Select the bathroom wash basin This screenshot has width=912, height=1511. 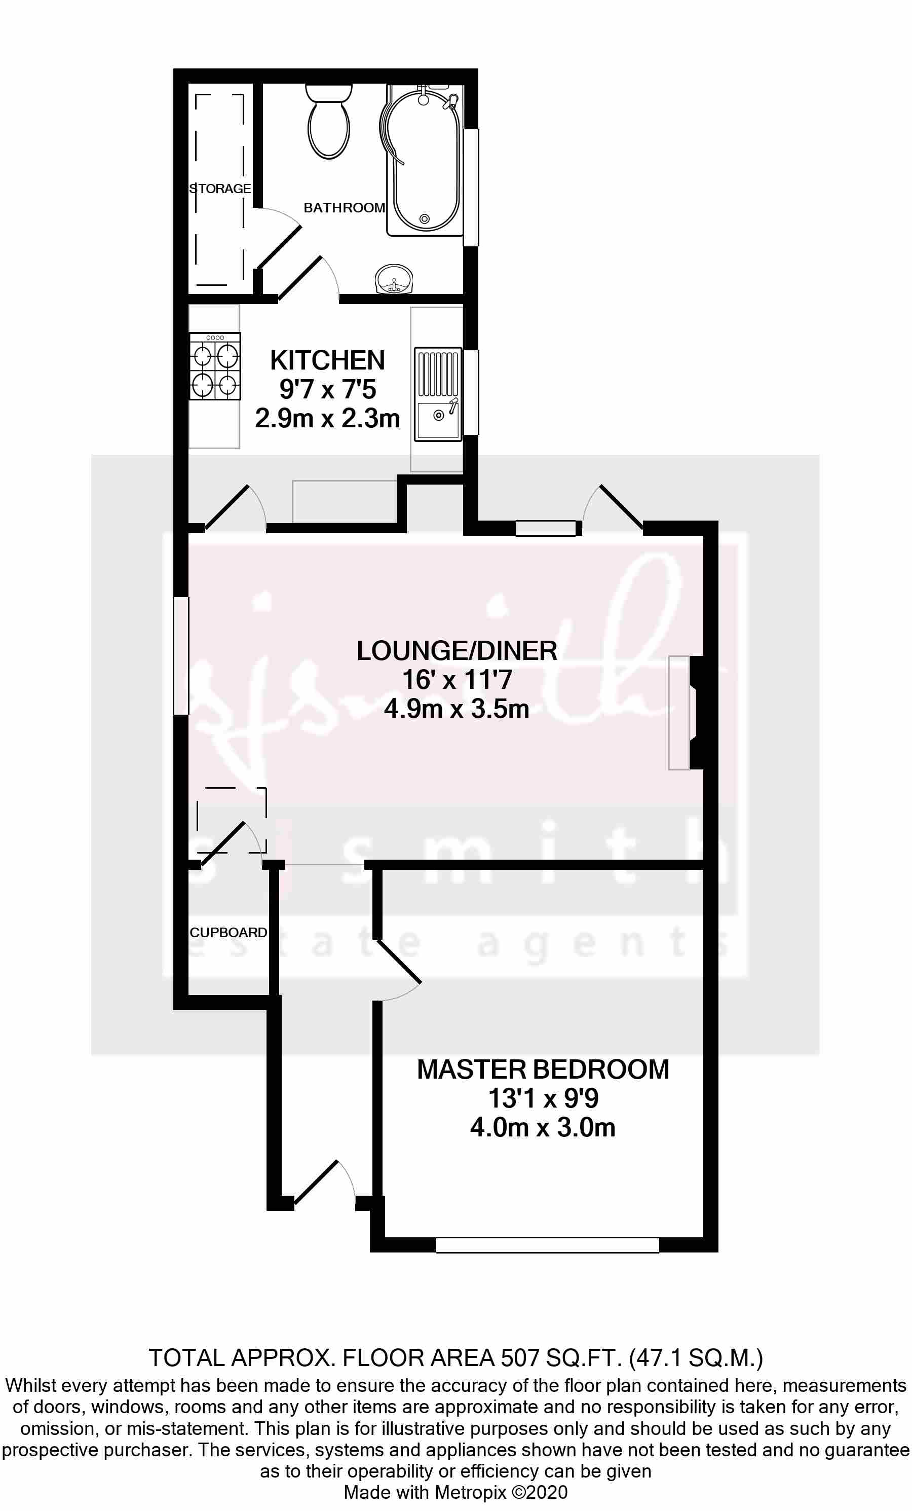[x=393, y=280]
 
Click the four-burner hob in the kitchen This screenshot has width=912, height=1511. [x=214, y=366]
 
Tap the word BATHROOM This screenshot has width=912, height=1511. [x=344, y=208]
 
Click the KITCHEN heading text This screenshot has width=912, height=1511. [x=327, y=360]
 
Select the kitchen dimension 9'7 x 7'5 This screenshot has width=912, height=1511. [x=327, y=389]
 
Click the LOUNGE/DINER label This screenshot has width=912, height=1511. [x=457, y=651]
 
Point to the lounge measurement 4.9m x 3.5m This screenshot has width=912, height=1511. [x=457, y=709]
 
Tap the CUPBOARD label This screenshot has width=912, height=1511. [x=228, y=933]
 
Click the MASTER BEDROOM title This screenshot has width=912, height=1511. [x=543, y=1070]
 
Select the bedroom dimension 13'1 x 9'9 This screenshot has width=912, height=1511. [x=543, y=1098]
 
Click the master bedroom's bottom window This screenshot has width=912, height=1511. [x=547, y=1245]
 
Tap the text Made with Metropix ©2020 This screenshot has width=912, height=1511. [x=455, y=1492]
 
